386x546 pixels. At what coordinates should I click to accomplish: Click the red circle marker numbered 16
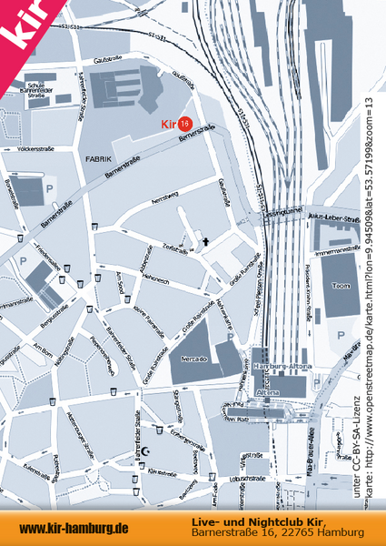185,123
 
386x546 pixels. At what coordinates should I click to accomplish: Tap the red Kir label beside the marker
168,123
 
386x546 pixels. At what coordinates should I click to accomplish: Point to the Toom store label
341,285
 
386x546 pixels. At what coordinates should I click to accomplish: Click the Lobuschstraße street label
245,477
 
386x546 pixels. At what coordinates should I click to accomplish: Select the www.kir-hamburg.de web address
74,528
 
